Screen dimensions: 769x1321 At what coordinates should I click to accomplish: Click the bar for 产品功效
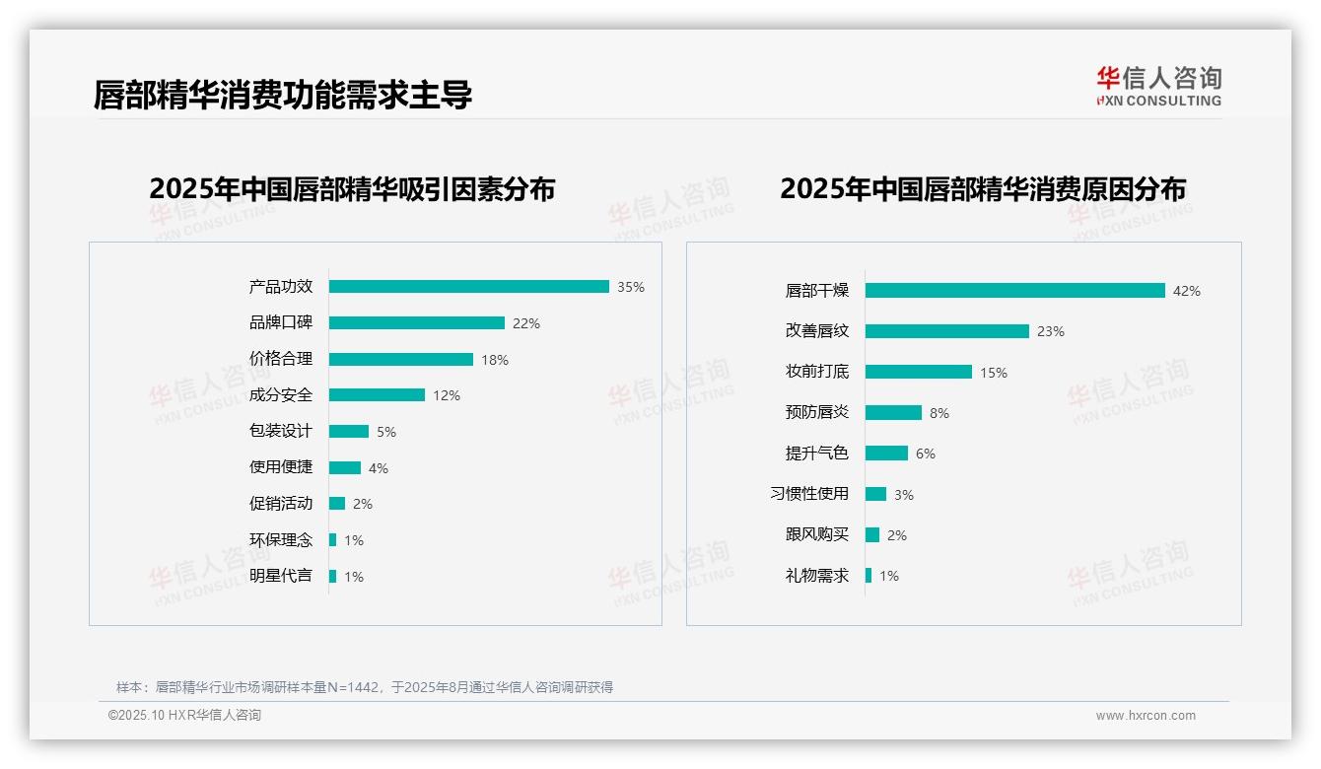(468, 287)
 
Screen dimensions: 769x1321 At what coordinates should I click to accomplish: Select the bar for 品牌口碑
(416, 323)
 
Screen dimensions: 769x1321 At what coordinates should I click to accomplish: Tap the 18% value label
(495, 360)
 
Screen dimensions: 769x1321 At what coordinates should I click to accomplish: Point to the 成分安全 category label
(281, 395)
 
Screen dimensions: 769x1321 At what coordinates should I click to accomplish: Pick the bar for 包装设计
(349, 432)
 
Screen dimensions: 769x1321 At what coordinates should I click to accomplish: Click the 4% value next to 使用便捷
(379, 468)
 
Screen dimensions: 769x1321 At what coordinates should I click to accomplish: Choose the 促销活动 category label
(281, 504)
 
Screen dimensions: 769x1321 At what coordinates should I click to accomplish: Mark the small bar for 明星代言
(333, 576)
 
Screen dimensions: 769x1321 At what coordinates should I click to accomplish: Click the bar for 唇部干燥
(1015, 291)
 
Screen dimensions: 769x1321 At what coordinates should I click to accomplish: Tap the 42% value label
(1187, 291)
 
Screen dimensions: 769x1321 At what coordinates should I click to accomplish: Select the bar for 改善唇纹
(947, 331)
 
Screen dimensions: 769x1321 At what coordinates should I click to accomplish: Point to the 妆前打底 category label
(817, 372)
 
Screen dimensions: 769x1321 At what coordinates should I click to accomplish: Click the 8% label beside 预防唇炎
(939, 413)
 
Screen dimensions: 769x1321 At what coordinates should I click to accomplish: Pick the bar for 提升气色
(886, 454)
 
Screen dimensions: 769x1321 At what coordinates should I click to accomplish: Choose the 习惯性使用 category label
(809, 494)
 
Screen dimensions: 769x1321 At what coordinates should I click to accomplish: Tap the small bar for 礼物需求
(869, 575)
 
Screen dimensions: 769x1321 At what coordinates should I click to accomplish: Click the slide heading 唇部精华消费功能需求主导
(283, 95)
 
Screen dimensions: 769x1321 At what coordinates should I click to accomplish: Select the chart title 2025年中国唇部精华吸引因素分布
(352, 189)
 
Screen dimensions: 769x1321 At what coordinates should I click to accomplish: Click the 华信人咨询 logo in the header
(1158, 86)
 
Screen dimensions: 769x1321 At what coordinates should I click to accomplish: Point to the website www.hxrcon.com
(1146, 716)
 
